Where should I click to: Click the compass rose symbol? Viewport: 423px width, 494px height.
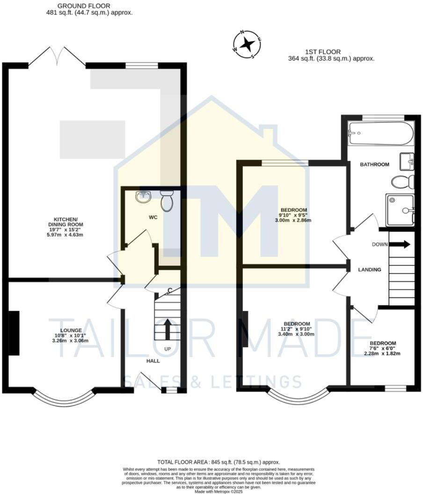point(247,45)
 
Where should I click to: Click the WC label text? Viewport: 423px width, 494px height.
point(153,218)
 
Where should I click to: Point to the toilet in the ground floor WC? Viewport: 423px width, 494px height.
point(167,201)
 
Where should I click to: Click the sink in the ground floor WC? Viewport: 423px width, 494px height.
point(144,196)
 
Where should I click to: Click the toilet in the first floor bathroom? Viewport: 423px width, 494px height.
point(402,182)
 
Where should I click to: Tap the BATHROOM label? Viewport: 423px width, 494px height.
point(374,165)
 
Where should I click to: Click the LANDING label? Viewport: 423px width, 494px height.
point(369,269)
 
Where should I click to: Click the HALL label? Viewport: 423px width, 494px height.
point(153,361)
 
